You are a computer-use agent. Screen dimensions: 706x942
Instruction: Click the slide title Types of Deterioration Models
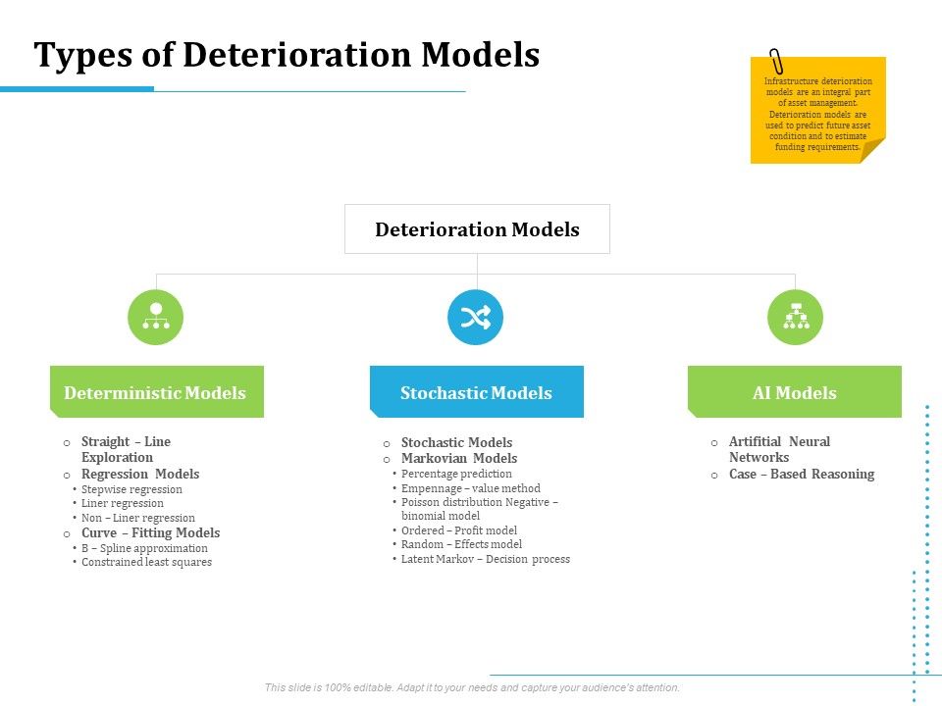[287, 55]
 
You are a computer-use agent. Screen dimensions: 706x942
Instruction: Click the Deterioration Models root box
[477, 229]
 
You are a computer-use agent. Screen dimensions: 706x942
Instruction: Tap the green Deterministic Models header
[156, 392]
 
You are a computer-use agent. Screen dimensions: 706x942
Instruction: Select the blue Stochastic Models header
[476, 392]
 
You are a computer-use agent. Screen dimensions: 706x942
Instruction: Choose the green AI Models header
[794, 392]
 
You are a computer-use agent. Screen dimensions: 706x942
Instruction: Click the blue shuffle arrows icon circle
[475, 318]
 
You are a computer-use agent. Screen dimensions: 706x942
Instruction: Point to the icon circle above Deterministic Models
[155, 318]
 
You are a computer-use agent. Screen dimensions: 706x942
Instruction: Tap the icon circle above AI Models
[795, 318]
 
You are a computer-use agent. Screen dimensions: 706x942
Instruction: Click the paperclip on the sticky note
[777, 60]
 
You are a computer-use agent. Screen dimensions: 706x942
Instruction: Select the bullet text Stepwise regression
[131, 489]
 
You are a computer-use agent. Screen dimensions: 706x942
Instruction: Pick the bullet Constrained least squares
[146, 562]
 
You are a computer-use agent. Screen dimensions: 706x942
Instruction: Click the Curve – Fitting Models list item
[150, 532]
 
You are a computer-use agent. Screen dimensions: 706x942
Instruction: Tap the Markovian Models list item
[458, 458]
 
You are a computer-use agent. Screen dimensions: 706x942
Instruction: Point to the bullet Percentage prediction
[456, 474]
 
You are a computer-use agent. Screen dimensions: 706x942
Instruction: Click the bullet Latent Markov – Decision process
[485, 559]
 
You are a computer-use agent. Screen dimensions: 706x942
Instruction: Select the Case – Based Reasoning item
[801, 474]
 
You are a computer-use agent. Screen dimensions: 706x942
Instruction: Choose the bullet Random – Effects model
[461, 544]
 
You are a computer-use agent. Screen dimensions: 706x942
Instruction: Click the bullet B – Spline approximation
[144, 548]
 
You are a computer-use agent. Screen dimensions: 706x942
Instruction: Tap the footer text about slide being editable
[472, 687]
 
